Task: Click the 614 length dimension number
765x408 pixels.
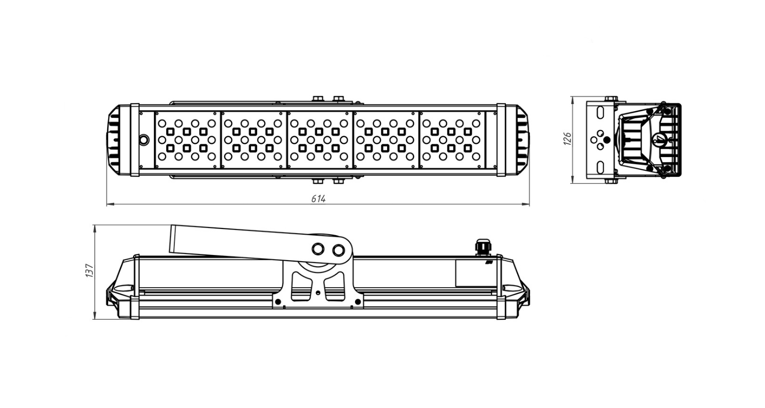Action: click(318, 199)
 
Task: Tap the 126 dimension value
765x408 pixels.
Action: click(567, 138)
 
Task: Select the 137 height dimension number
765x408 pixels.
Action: click(89, 270)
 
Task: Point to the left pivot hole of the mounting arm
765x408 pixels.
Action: click(318, 248)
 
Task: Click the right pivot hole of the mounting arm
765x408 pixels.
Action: click(339, 250)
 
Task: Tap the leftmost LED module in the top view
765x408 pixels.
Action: click(187, 140)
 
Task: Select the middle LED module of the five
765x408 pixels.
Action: click(319, 140)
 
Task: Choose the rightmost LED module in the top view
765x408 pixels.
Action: click(452, 140)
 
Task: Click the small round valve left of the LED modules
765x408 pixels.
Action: click(144, 140)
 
